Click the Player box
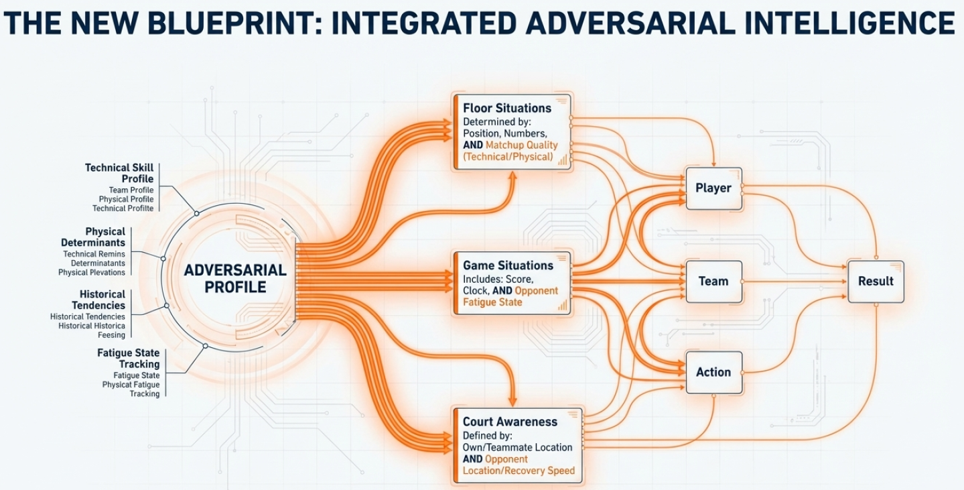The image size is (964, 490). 713,188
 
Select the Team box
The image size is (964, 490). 713,282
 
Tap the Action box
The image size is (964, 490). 713,372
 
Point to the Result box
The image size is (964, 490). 876,282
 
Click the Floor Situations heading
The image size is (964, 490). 507,108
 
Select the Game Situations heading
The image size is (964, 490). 508,265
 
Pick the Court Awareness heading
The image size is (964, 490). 510,422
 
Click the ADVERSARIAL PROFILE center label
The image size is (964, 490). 235,279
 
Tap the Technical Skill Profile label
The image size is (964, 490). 119,173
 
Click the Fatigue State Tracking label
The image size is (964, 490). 129,358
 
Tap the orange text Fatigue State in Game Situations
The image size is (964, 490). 492,302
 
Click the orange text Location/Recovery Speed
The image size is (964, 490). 519,471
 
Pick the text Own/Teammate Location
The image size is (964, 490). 517,447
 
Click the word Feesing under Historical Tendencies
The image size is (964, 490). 111,335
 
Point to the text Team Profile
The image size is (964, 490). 131,190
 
